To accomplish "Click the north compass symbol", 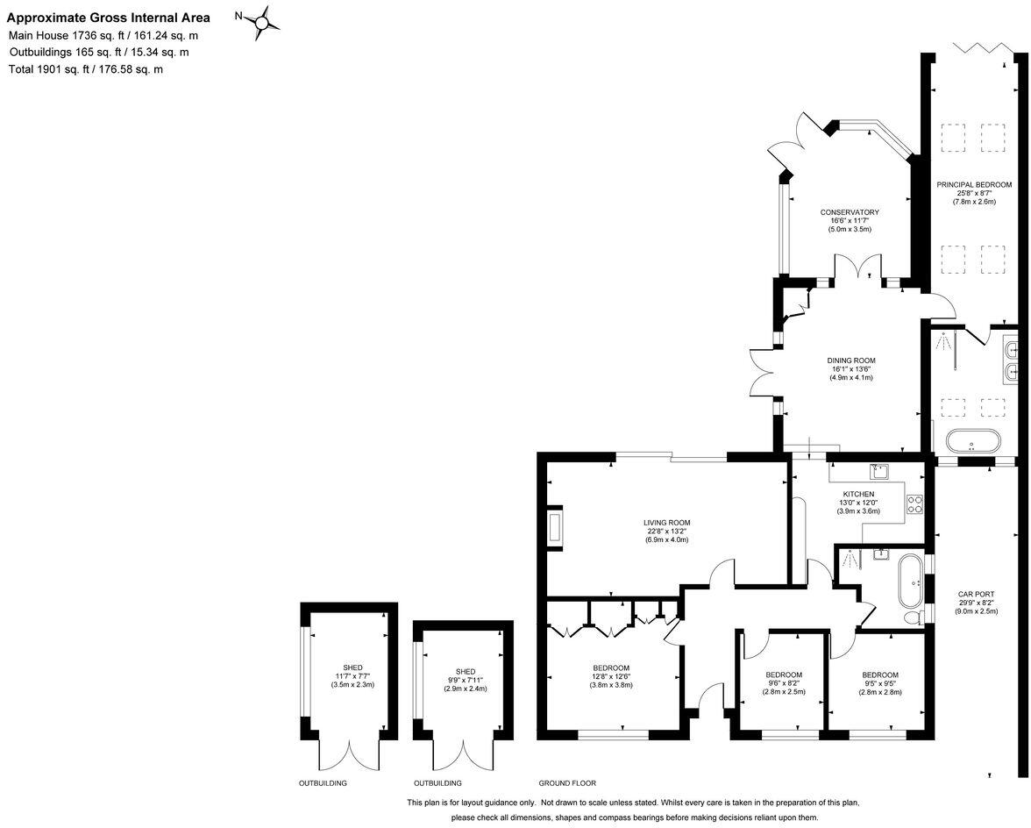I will (x=260, y=22).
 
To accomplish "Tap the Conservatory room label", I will (x=850, y=212).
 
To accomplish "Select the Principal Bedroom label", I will (x=974, y=185).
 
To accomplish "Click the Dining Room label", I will (x=850, y=360).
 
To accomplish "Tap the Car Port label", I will (x=975, y=594).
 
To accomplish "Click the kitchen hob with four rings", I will (x=914, y=504).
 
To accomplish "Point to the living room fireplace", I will (x=554, y=529).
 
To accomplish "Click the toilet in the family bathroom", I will (x=912, y=617).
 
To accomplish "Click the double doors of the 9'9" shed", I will (x=462, y=756).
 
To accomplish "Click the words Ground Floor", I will (x=567, y=783).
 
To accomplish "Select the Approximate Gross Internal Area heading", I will (x=109, y=18).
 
